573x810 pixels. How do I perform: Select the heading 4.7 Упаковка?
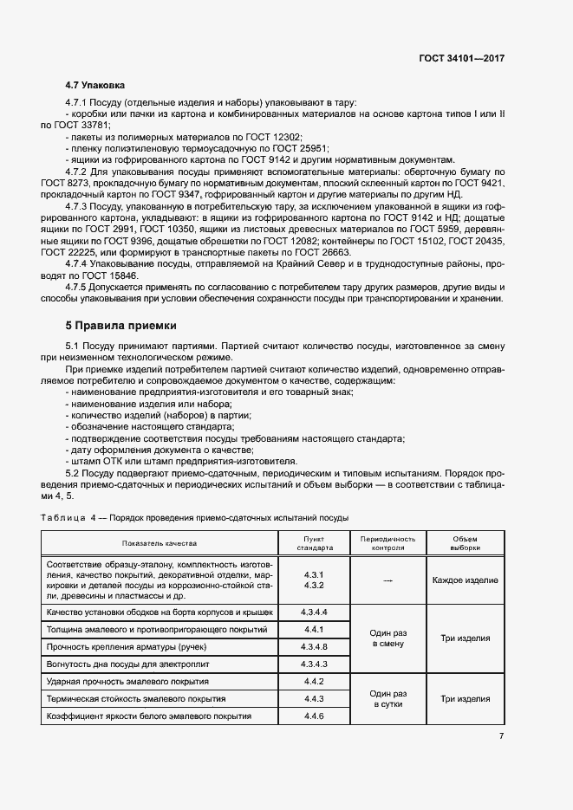(95, 86)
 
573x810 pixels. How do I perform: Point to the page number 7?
(501, 736)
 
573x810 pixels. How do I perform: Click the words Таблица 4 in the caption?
(68, 517)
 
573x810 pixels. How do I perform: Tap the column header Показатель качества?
(160, 543)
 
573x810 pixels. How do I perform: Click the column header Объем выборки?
(465, 543)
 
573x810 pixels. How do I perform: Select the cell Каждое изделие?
(465, 580)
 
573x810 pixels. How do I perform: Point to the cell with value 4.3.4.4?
(313, 612)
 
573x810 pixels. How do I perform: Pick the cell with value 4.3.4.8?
(313, 646)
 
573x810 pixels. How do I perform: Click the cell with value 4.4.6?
(313, 716)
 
